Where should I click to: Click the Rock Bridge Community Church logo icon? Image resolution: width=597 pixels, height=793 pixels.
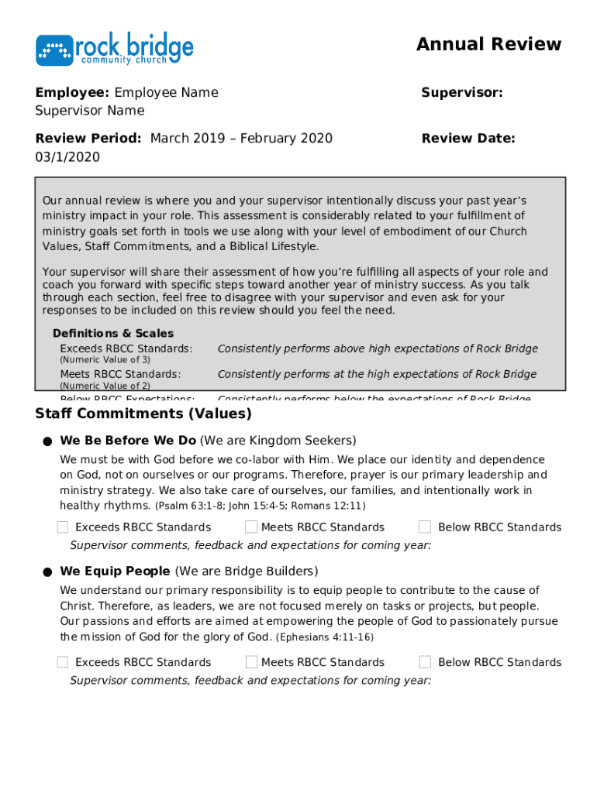click(54, 50)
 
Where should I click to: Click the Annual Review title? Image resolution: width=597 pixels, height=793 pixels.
click(488, 44)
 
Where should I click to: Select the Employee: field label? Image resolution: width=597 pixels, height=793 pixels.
click(72, 93)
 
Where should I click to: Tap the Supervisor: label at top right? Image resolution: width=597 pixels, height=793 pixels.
click(462, 93)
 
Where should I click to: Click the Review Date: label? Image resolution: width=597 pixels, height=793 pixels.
click(468, 139)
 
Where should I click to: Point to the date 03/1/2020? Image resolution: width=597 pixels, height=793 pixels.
click(67, 157)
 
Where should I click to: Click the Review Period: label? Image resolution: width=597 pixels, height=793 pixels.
click(88, 139)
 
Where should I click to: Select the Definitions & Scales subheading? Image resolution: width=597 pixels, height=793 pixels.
click(113, 333)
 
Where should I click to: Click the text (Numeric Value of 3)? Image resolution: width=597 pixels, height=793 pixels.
click(105, 360)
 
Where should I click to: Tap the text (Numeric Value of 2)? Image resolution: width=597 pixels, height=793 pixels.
click(105, 386)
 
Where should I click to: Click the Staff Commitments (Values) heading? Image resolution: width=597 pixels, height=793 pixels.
click(143, 414)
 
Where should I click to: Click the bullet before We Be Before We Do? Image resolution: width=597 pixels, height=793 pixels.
click(47, 441)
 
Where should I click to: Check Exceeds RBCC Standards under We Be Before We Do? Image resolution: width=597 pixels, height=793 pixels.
click(63, 527)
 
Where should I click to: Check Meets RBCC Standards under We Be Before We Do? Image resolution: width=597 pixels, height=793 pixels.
click(251, 527)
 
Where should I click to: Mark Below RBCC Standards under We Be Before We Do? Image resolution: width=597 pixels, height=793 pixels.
click(425, 527)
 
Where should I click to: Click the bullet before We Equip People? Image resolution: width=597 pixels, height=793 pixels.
click(47, 572)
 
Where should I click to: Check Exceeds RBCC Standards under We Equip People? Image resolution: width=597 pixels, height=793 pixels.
click(63, 662)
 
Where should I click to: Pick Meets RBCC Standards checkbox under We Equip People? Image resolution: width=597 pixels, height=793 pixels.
click(251, 662)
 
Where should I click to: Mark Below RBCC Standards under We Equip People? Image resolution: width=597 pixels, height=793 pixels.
click(425, 662)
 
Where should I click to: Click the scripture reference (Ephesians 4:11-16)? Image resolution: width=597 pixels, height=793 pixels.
click(325, 637)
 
